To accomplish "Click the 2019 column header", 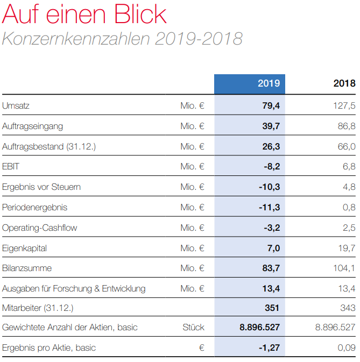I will [x=269, y=83].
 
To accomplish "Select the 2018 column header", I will [x=344, y=83].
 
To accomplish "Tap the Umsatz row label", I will [x=16, y=106].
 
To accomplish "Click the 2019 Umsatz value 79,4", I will [x=271, y=106].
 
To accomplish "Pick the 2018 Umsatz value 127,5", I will [x=344, y=106].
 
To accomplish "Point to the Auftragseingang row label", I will [x=32, y=126].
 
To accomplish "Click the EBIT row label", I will [x=11, y=167].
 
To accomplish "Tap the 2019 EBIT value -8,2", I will [x=272, y=167].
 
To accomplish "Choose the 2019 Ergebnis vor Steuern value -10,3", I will [x=270, y=187].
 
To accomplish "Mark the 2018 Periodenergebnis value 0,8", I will [x=349, y=208].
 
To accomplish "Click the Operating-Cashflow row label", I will [x=39, y=228].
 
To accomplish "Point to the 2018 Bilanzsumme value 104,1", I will [x=344, y=268].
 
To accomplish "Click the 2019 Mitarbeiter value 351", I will [x=273, y=308].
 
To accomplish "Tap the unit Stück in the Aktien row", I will [x=193, y=328].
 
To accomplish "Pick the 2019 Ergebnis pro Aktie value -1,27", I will [x=269, y=348].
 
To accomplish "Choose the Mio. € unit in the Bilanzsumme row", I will [x=192, y=268].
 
